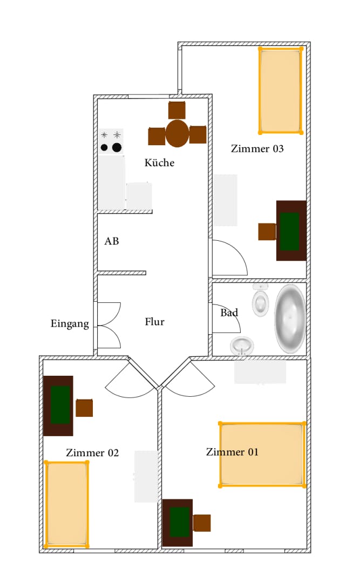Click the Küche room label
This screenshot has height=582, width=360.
point(159,163)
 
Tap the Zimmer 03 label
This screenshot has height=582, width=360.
point(257,148)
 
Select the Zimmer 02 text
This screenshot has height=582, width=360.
point(92,452)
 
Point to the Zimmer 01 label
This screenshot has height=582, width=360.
point(232,452)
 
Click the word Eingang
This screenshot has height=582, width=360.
point(70,324)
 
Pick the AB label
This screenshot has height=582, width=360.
point(112,241)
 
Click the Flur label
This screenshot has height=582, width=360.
point(154,322)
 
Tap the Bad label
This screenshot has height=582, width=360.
point(229,313)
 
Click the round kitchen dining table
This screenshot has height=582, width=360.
point(177,134)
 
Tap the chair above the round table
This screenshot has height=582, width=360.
point(177,110)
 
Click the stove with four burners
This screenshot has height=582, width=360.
point(111,141)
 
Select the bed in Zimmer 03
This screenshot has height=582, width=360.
point(280,90)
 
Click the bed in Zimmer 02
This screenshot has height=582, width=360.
point(66,504)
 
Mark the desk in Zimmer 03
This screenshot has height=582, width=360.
point(291,231)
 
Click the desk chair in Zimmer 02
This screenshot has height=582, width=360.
point(84,408)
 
